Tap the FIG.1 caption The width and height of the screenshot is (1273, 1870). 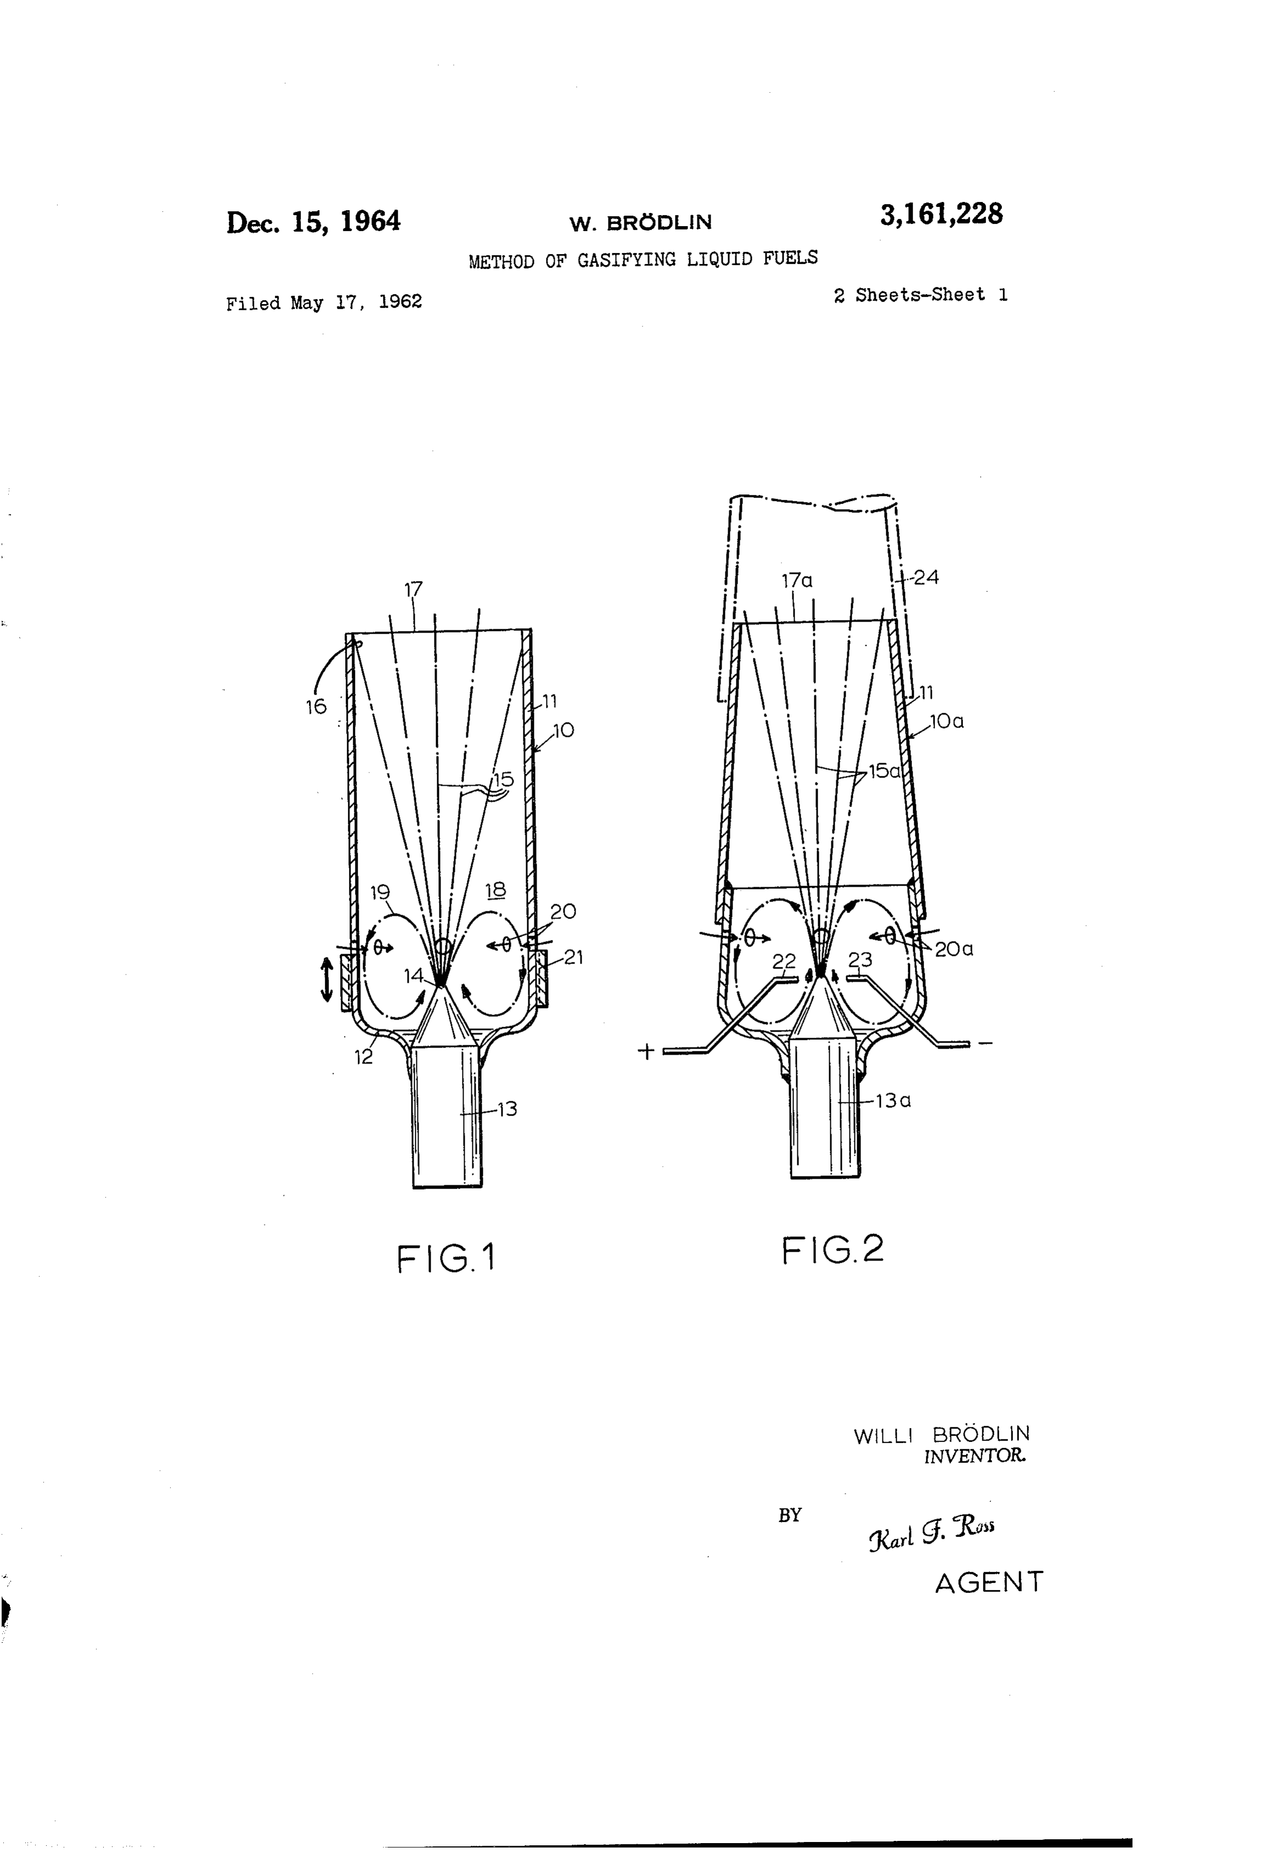tap(446, 1259)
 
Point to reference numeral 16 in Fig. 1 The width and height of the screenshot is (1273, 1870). tap(316, 707)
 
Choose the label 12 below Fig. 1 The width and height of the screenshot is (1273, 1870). tap(364, 1057)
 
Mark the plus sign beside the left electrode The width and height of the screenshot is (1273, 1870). tap(645, 1051)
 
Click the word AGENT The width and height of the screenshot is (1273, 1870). tap(989, 1582)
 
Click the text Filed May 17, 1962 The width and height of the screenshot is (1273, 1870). tap(324, 302)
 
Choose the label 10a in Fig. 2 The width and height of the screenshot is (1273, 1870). tap(947, 721)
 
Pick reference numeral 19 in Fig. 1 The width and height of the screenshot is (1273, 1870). tap(380, 892)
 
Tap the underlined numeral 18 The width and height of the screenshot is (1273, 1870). tap(495, 889)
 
